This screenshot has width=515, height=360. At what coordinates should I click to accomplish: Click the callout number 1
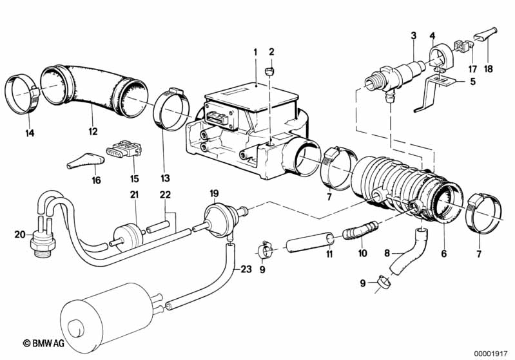pyautogui.click(x=255, y=52)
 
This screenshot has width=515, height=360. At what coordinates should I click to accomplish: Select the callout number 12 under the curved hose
pyautogui.click(x=93, y=131)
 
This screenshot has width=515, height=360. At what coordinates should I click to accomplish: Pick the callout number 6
pyautogui.click(x=443, y=254)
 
